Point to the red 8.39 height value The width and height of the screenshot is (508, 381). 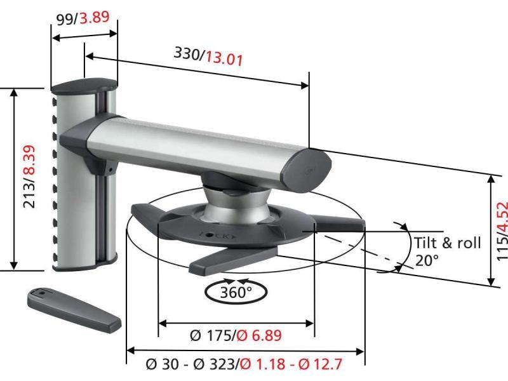[29, 162]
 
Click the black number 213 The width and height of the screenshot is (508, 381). [29, 203]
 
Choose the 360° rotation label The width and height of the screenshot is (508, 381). [236, 292]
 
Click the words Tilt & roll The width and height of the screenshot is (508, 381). [447, 243]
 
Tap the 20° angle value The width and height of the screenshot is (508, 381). [427, 260]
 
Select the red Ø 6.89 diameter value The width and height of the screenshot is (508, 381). [259, 335]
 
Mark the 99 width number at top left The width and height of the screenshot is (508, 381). [65, 19]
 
